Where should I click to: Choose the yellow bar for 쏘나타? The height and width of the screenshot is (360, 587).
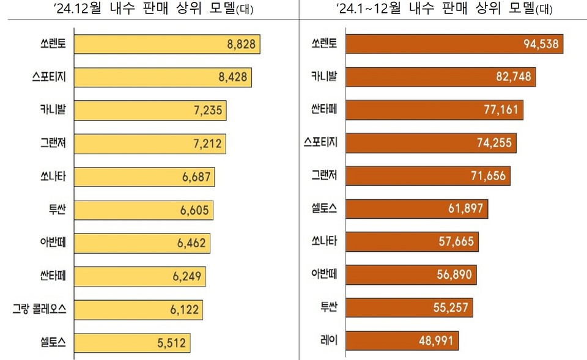pyautogui.click(x=144, y=177)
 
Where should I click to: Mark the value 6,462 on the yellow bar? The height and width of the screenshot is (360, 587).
pyautogui.click(x=191, y=243)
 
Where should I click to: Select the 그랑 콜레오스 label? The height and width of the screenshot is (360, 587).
pyautogui.click(x=40, y=310)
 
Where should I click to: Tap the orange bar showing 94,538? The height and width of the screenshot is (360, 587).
pyautogui.click(x=454, y=45)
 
